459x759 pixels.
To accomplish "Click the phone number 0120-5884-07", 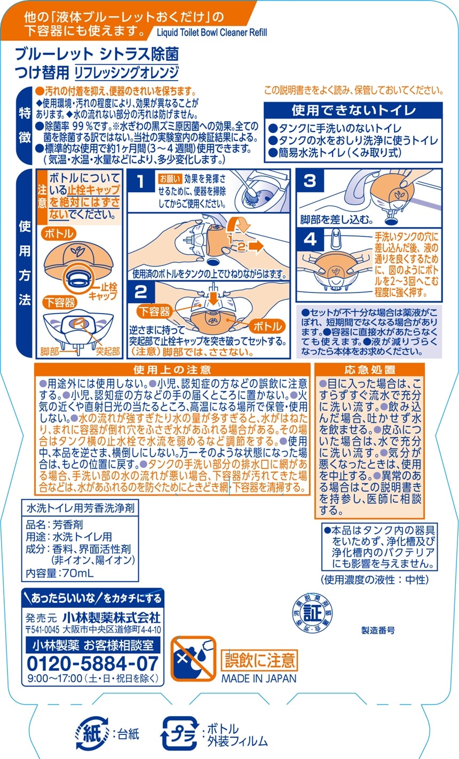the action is [92, 663].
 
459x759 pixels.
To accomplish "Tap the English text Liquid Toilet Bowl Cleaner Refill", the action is [212, 33].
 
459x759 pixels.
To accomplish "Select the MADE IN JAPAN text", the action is [259, 678].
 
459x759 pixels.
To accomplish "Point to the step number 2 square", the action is [141, 292].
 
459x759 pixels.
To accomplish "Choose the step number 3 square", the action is [310, 181].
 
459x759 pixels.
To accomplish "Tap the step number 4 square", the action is [310, 240].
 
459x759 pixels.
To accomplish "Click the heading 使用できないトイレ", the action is [353, 111].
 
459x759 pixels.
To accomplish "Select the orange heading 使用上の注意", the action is [172, 370].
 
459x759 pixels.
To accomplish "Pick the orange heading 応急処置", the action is [370, 370].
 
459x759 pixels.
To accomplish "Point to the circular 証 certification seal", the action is [312, 612].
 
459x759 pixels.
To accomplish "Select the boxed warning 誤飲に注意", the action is [259, 660].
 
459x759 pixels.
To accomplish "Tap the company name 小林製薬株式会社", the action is [112, 617].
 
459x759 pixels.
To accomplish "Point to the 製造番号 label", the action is [378, 630].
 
